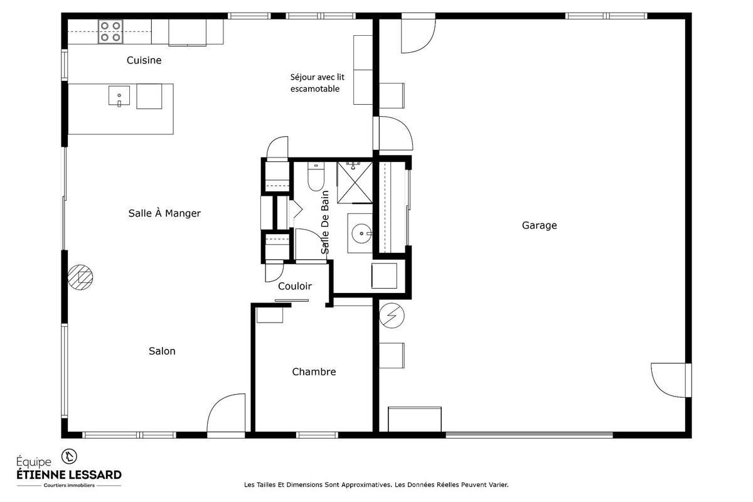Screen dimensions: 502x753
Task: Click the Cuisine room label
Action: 144,61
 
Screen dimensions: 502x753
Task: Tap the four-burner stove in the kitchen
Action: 110,32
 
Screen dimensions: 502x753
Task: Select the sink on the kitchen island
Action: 119,97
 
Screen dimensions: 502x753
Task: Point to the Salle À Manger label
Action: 164,213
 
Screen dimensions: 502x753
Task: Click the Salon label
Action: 162,351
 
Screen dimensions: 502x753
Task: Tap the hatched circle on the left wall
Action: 80,276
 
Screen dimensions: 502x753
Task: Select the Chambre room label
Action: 314,372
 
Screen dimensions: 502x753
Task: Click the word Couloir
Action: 295,286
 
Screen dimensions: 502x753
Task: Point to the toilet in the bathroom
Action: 315,176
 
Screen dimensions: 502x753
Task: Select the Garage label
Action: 539,225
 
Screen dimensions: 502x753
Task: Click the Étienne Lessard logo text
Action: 68,474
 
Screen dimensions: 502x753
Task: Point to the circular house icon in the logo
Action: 69,455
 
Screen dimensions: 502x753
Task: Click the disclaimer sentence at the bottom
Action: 375,484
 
